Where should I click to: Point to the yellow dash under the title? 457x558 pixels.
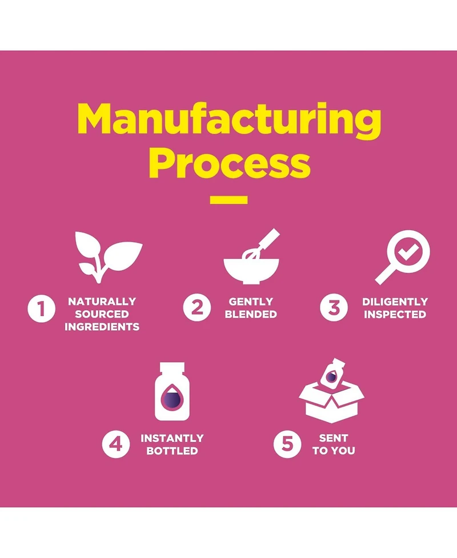tap(228, 200)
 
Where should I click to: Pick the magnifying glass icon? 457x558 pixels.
tap(402, 257)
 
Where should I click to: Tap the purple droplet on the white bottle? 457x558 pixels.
tap(171, 397)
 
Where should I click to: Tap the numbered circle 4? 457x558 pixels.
tap(116, 444)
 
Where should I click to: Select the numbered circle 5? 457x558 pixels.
tap(287, 444)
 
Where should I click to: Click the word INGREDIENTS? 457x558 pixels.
tap(102, 327)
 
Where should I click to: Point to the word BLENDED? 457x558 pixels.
tap(251, 314)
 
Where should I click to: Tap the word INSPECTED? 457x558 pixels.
tap(395, 314)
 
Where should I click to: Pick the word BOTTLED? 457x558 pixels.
tap(172, 451)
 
